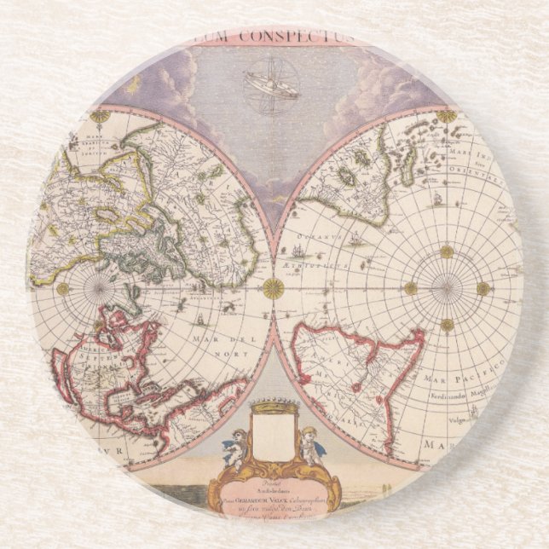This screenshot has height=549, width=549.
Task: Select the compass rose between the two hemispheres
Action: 273,288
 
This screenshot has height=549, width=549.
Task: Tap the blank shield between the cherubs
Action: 272,438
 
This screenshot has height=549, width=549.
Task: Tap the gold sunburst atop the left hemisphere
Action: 102,113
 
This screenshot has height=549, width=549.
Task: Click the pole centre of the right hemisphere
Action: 446,288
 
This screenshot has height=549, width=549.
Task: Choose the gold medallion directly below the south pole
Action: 447,325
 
